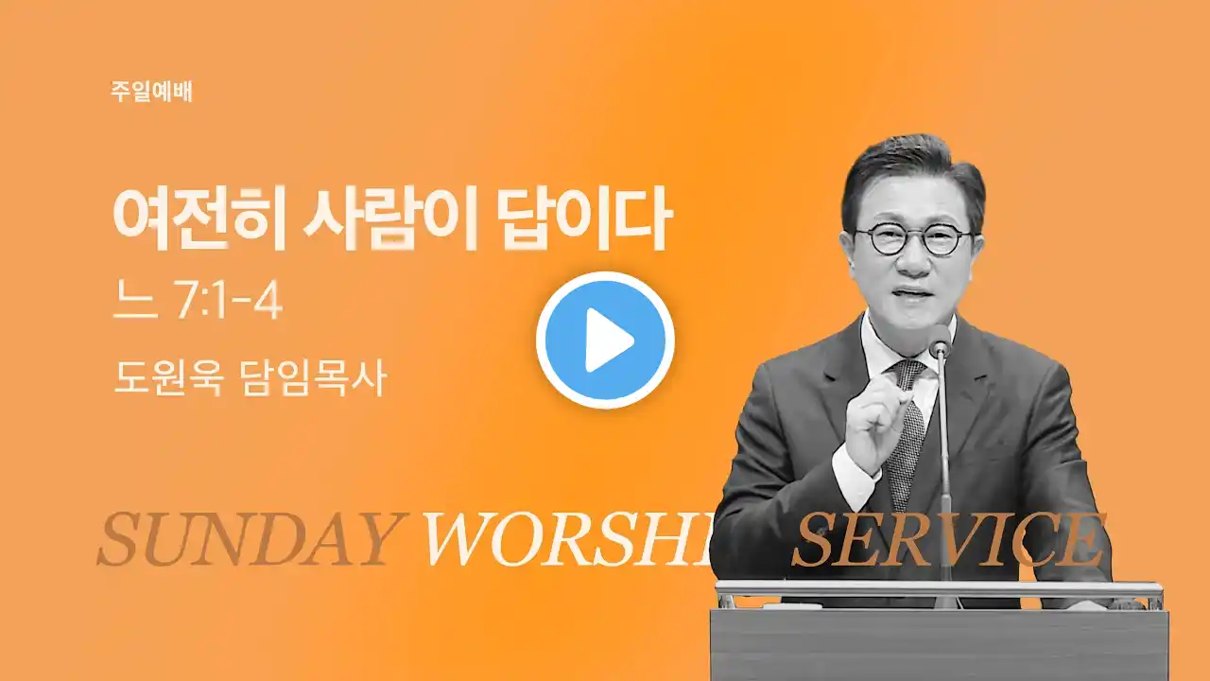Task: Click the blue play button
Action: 605,340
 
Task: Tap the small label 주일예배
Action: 152,92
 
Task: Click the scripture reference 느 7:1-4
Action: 198,303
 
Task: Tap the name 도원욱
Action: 168,377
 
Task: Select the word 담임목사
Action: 312,377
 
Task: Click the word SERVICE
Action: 948,539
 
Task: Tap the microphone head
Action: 941,341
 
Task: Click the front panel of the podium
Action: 939,644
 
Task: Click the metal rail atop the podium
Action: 939,589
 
